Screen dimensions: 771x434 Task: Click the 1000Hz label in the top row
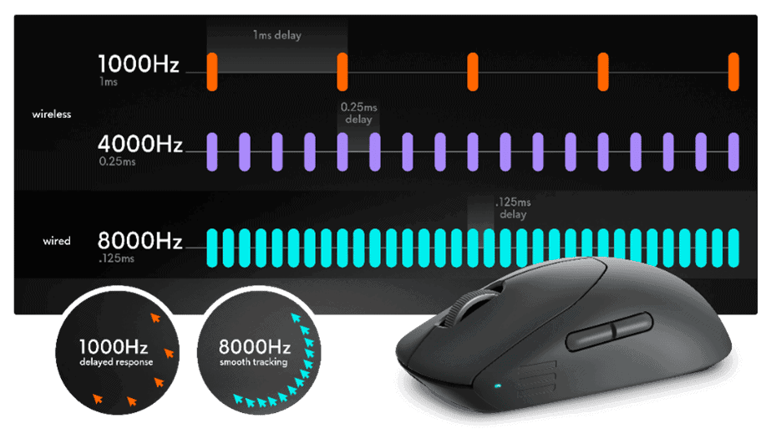click(139, 64)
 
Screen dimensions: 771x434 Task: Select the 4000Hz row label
click(140, 144)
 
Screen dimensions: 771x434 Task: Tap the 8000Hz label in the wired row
click(140, 241)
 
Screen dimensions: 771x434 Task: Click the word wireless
click(52, 115)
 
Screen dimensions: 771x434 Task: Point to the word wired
click(57, 241)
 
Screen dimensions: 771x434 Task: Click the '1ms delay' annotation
click(277, 35)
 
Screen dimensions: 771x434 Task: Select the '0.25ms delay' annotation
click(359, 113)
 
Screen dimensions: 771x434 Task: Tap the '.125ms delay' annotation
click(513, 208)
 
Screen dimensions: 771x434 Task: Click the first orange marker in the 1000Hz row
click(212, 72)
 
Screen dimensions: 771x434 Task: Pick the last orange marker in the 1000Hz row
click(733, 72)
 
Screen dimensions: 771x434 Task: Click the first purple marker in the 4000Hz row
click(212, 152)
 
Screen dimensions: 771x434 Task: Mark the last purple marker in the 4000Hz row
click(733, 152)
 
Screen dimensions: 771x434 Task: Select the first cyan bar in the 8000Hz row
click(212, 248)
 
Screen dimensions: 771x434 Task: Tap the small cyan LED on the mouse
click(498, 385)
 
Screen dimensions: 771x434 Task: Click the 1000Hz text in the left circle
click(114, 347)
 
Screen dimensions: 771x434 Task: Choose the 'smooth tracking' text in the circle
click(254, 362)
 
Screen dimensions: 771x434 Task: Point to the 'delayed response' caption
click(117, 362)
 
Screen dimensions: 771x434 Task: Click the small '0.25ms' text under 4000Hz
click(117, 161)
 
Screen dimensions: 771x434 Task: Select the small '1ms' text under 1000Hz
click(109, 82)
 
